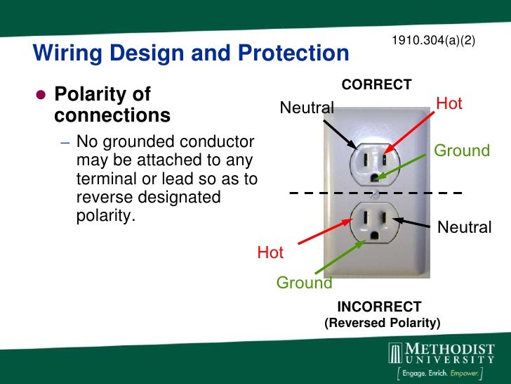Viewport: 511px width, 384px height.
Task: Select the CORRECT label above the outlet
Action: tap(376, 85)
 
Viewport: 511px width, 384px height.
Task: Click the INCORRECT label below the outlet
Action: tap(379, 307)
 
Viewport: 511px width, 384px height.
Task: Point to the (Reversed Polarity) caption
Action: tap(382, 324)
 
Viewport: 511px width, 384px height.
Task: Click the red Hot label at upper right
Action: tap(449, 104)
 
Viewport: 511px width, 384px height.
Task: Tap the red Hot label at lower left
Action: tap(270, 252)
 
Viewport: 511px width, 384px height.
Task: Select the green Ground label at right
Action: tap(462, 151)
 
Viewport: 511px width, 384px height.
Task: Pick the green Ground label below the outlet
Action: tap(304, 283)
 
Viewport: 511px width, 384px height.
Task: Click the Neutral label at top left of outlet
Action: tap(307, 108)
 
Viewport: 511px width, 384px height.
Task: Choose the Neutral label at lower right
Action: tap(464, 226)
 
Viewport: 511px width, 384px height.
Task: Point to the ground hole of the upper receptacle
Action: tap(378, 177)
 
